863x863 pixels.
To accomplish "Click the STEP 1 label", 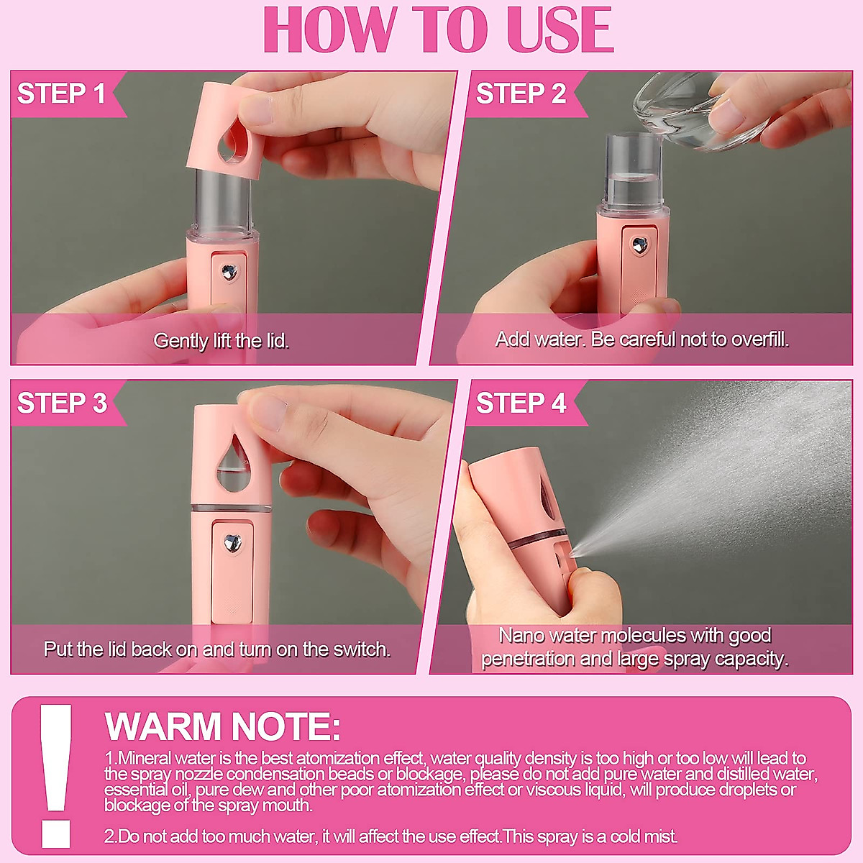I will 62,93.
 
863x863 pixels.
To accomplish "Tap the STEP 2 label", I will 521,93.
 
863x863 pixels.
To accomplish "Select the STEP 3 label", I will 62,403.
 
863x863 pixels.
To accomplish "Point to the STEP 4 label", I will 521,403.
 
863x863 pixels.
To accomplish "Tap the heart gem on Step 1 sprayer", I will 229,272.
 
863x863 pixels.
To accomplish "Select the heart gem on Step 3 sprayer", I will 232,542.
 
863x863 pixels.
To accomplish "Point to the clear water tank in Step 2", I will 632,169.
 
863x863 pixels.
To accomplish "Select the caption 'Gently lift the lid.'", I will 221,341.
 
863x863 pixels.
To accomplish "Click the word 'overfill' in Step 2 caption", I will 758,339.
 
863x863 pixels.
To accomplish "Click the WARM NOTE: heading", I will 222,726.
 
